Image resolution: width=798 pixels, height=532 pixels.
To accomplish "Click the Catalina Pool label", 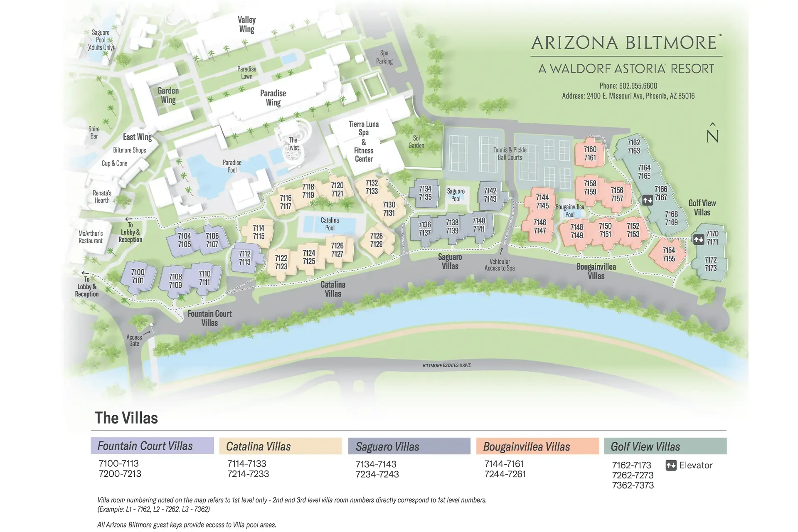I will click(x=330, y=224).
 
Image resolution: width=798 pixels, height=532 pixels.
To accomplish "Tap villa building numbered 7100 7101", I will click(x=138, y=276).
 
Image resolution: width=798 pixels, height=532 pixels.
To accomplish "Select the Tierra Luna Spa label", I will click(x=364, y=128).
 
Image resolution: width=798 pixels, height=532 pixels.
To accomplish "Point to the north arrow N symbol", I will click(x=712, y=133).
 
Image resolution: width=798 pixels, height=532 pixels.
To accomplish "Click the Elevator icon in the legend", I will click(x=671, y=465).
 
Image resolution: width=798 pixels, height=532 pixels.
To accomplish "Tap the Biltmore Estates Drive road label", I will click(x=446, y=365).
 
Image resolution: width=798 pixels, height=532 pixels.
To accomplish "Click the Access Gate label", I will click(x=134, y=340).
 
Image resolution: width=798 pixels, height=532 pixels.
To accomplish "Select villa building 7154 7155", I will click(x=668, y=254).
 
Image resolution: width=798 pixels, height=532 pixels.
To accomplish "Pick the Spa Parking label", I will click(x=384, y=57).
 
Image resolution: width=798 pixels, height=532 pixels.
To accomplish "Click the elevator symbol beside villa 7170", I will click(x=698, y=239).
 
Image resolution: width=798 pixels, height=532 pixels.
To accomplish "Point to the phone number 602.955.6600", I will click(x=628, y=86).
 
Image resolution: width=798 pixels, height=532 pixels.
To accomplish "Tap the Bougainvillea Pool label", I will click(x=570, y=211).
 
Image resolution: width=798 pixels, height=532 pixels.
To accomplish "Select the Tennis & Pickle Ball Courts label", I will click(x=510, y=153).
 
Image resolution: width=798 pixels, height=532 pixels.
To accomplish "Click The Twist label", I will click(x=293, y=144).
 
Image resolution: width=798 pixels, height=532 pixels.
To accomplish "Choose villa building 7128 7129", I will click(x=376, y=240).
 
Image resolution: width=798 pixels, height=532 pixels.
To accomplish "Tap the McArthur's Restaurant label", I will click(x=91, y=237).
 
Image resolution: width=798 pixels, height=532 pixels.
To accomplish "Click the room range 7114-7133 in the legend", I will click(x=247, y=463).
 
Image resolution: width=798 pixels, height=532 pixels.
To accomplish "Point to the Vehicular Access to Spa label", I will click(x=500, y=265).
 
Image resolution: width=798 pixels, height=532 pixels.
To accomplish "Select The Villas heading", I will click(x=126, y=418).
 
